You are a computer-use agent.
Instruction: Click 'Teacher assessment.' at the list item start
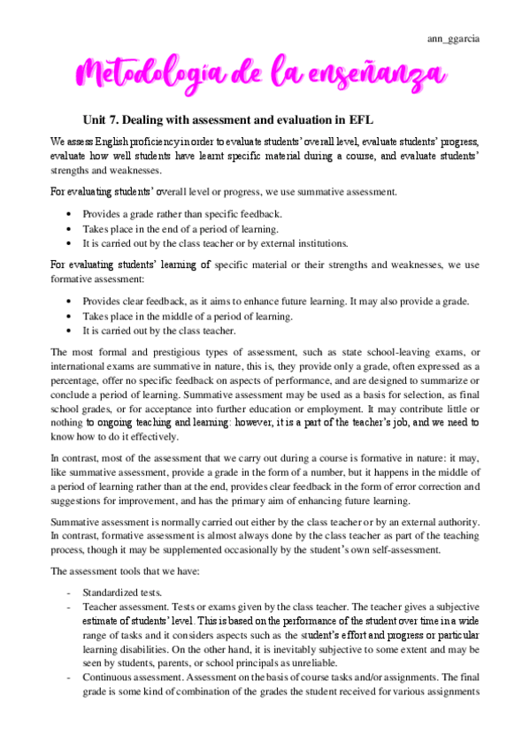[126, 607]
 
